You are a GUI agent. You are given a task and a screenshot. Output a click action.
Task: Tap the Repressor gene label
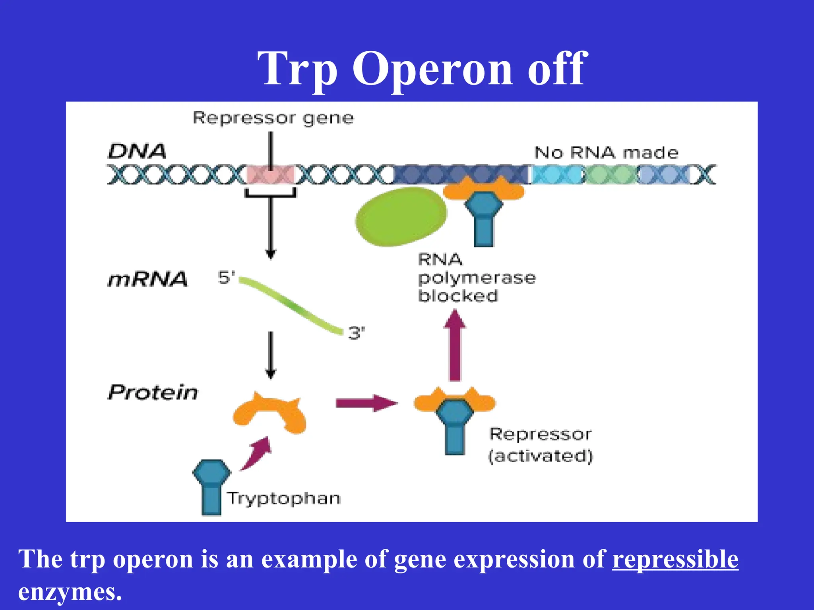coord(273,118)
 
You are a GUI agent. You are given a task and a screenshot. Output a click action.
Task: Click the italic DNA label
coord(137,151)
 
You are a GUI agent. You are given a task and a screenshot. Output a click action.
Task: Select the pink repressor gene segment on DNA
coord(270,175)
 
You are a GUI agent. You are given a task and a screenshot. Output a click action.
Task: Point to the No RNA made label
coord(606,153)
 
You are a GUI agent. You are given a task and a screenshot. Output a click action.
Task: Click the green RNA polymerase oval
coord(401,216)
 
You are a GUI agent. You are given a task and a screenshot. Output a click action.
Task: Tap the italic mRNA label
coord(147,279)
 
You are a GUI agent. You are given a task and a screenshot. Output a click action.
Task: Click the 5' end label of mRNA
coord(226,277)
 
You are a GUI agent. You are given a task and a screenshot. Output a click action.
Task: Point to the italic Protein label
coord(153,392)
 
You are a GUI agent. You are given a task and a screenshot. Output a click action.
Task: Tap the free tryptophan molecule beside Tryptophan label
coord(211,486)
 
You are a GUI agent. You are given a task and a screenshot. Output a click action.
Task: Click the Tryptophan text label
coord(284,498)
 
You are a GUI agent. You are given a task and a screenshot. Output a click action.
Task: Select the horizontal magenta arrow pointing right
coord(366,403)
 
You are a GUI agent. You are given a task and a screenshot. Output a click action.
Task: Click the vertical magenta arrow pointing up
coord(455,346)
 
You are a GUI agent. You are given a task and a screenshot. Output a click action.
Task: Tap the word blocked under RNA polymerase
coord(457,296)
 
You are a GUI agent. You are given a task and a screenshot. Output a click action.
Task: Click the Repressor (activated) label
coord(541,445)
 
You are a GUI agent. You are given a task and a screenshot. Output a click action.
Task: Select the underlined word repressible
coord(675,560)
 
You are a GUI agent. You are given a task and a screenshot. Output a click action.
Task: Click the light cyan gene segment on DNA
coord(556,175)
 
